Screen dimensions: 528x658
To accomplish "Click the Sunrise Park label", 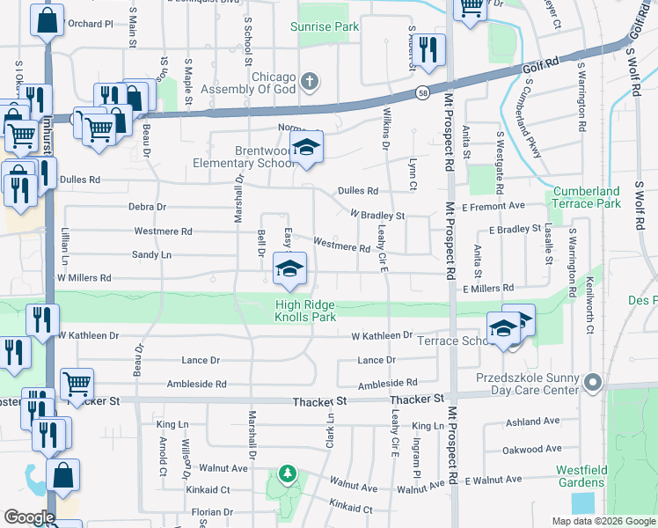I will [x=325, y=27].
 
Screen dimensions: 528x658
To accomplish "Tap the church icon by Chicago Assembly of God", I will [x=308, y=84].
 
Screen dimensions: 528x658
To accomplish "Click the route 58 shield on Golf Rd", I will [x=424, y=92].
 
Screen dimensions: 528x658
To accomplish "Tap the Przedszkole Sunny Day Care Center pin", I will [x=593, y=383].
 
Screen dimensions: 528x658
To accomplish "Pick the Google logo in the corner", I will [x=29, y=517].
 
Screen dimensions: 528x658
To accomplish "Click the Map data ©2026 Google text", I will [x=603, y=521].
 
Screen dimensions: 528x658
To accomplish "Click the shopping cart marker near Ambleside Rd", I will [x=77, y=385].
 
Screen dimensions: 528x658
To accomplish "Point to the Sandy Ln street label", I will [x=150, y=255].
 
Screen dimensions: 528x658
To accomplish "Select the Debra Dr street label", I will [x=147, y=208].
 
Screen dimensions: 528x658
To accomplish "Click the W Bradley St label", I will [x=377, y=215].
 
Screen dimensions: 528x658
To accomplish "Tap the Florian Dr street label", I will [x=202, y=511].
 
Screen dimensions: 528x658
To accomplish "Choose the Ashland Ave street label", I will [x=535, y=422].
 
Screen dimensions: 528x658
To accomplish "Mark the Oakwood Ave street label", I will [x=531, y=450].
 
